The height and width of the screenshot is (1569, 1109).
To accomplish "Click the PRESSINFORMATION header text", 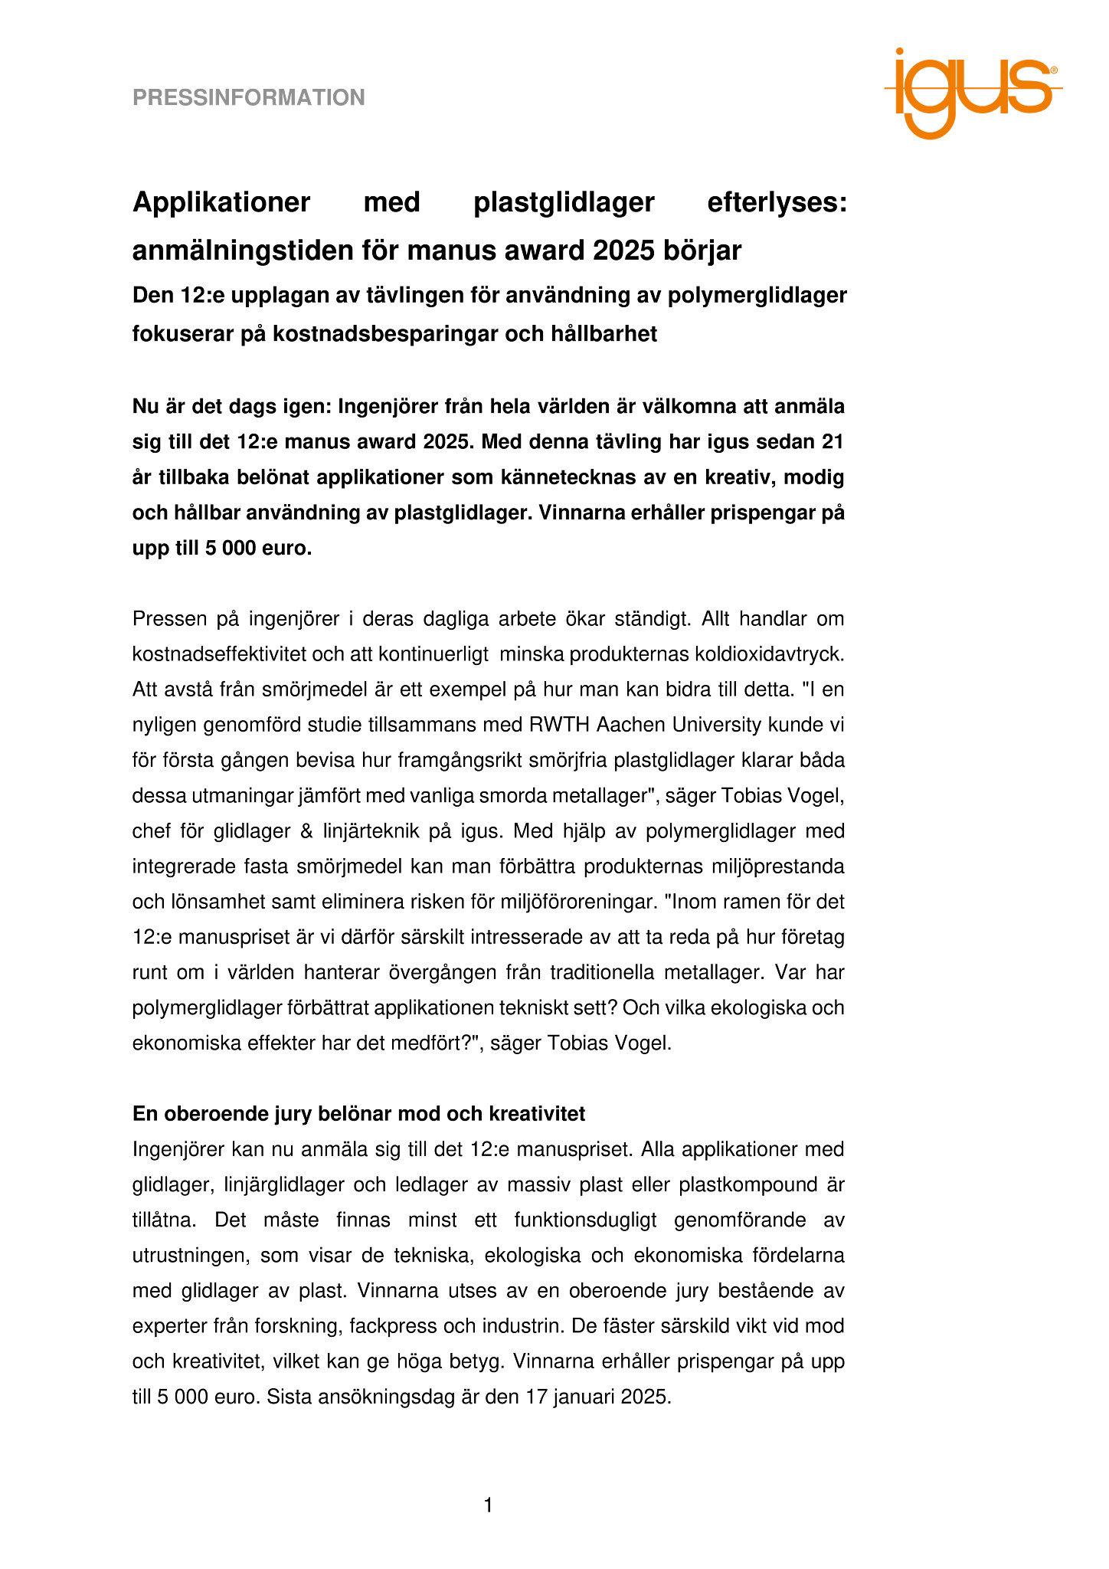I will [248, 98].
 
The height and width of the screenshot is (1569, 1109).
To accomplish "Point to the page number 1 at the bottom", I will [489, 1505].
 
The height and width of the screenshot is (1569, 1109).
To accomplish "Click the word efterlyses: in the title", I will [777, 202].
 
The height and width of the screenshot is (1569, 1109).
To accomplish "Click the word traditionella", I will [598, 972].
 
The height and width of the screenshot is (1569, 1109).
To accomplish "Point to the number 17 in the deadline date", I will [534, 1397].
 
